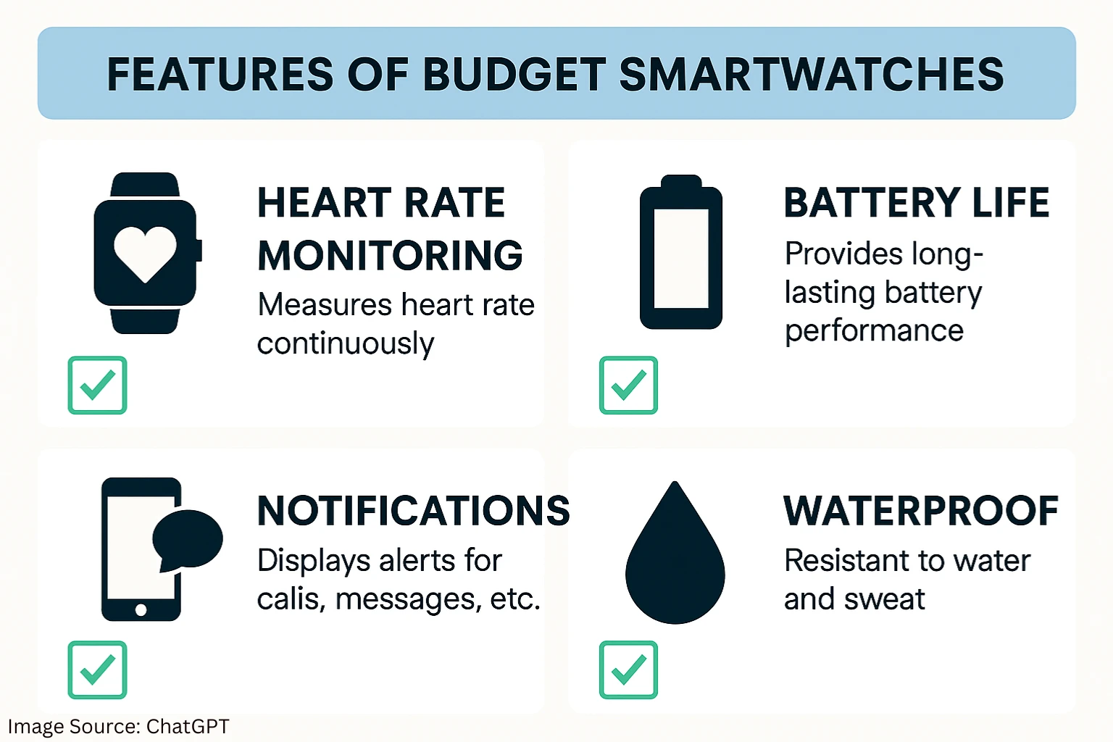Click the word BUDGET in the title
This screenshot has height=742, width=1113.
pos(514,74)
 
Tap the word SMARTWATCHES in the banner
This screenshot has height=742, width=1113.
pos(812,74)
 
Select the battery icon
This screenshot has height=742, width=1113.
pos(680,251)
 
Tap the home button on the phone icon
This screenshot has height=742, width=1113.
pos(141,610)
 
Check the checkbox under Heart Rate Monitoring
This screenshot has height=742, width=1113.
pos(97,385)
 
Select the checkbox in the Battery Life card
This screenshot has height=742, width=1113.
pos(628,385)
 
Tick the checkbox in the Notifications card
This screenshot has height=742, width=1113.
pos(97,670)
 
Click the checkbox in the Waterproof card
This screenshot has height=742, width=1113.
pos(628,670)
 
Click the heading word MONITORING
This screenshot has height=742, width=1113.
pos(390,255)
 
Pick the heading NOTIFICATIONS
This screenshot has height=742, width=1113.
pos(414,511)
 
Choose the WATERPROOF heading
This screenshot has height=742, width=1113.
pos(921,511)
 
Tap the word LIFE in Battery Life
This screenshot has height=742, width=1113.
pos(1010,203)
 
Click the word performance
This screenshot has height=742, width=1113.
pos(874,332)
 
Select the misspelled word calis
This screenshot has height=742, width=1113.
pos(288,599)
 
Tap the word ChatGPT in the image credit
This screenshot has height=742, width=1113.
pos(188,727)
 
